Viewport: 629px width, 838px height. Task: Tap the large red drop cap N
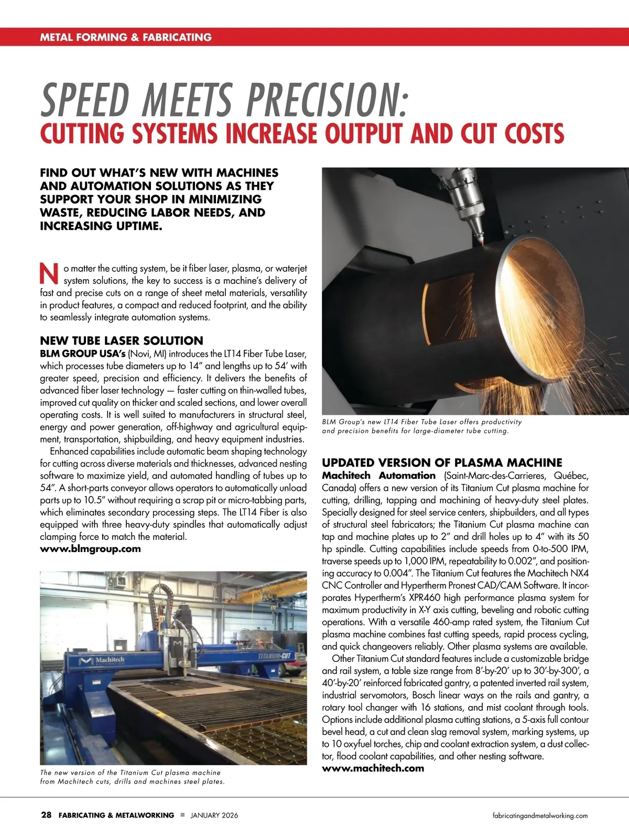coord(49,273)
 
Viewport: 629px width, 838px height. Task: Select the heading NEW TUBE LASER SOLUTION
coord(121,340)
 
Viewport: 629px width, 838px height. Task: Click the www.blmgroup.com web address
coord(90,549)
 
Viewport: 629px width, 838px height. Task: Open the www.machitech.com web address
coord(373,768)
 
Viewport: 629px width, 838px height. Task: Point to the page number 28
coord(46,815)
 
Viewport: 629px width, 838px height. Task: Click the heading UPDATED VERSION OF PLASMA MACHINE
coord(442,462)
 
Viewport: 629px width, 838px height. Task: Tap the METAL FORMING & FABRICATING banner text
coord(126,37)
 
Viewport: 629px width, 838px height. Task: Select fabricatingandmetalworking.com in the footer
coord(540,815)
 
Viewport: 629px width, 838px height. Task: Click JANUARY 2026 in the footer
coord(214,815)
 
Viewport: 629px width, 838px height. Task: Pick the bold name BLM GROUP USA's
coord(83,354)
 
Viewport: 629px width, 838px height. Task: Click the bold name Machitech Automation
coord(378,476)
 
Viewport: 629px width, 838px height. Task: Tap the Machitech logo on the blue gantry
coord(102,660)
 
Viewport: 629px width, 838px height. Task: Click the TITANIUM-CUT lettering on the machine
coord(275,656)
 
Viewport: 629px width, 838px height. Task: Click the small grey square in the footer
coord(182,815)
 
